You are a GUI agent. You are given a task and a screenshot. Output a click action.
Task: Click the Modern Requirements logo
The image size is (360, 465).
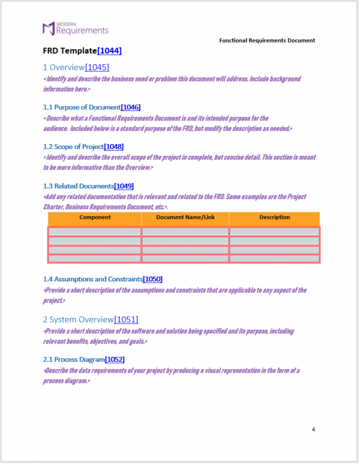click(x=75, y=28)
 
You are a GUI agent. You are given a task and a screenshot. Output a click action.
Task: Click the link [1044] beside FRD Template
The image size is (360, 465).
click(x=109, y=51)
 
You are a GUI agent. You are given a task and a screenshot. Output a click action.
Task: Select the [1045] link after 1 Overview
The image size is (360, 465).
click(x=97, y=67)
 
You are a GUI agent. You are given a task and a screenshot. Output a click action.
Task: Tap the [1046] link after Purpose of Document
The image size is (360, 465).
click(x=130, y=107)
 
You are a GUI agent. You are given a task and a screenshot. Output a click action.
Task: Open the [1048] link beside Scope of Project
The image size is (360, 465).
click(x=114, y=146)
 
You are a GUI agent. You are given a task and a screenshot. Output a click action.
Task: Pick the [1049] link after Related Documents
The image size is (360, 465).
click(x=124, y=186)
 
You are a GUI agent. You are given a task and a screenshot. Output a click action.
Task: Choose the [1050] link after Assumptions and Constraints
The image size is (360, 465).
click(x=152, y=279)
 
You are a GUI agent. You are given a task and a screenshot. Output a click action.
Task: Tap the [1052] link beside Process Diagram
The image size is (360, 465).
click(x=115, y=359)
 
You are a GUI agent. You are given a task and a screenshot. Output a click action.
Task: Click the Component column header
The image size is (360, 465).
click(x=95, y=217)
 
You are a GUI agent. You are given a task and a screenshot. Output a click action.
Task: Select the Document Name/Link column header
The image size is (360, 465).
click(x=185, y=217)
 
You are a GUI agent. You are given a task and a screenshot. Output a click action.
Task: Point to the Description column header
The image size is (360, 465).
click(x=274, y=217)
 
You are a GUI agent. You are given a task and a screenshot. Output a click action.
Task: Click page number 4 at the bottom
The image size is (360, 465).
click(x=313, y=429)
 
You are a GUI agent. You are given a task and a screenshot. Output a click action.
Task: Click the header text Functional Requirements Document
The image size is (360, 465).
click(x=267, y=40)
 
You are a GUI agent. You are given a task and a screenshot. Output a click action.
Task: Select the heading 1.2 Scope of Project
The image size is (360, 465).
click(x=73, y=146)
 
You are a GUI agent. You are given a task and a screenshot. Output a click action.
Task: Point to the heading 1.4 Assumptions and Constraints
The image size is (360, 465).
click(x=92, y=279)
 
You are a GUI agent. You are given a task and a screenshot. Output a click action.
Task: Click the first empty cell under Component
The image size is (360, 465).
click(x=95, y=232)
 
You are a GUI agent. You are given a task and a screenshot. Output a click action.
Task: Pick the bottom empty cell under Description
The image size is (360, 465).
click(x=274, y=259)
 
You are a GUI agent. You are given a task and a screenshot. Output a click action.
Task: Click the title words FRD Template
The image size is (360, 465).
click(x=70, y=51)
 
